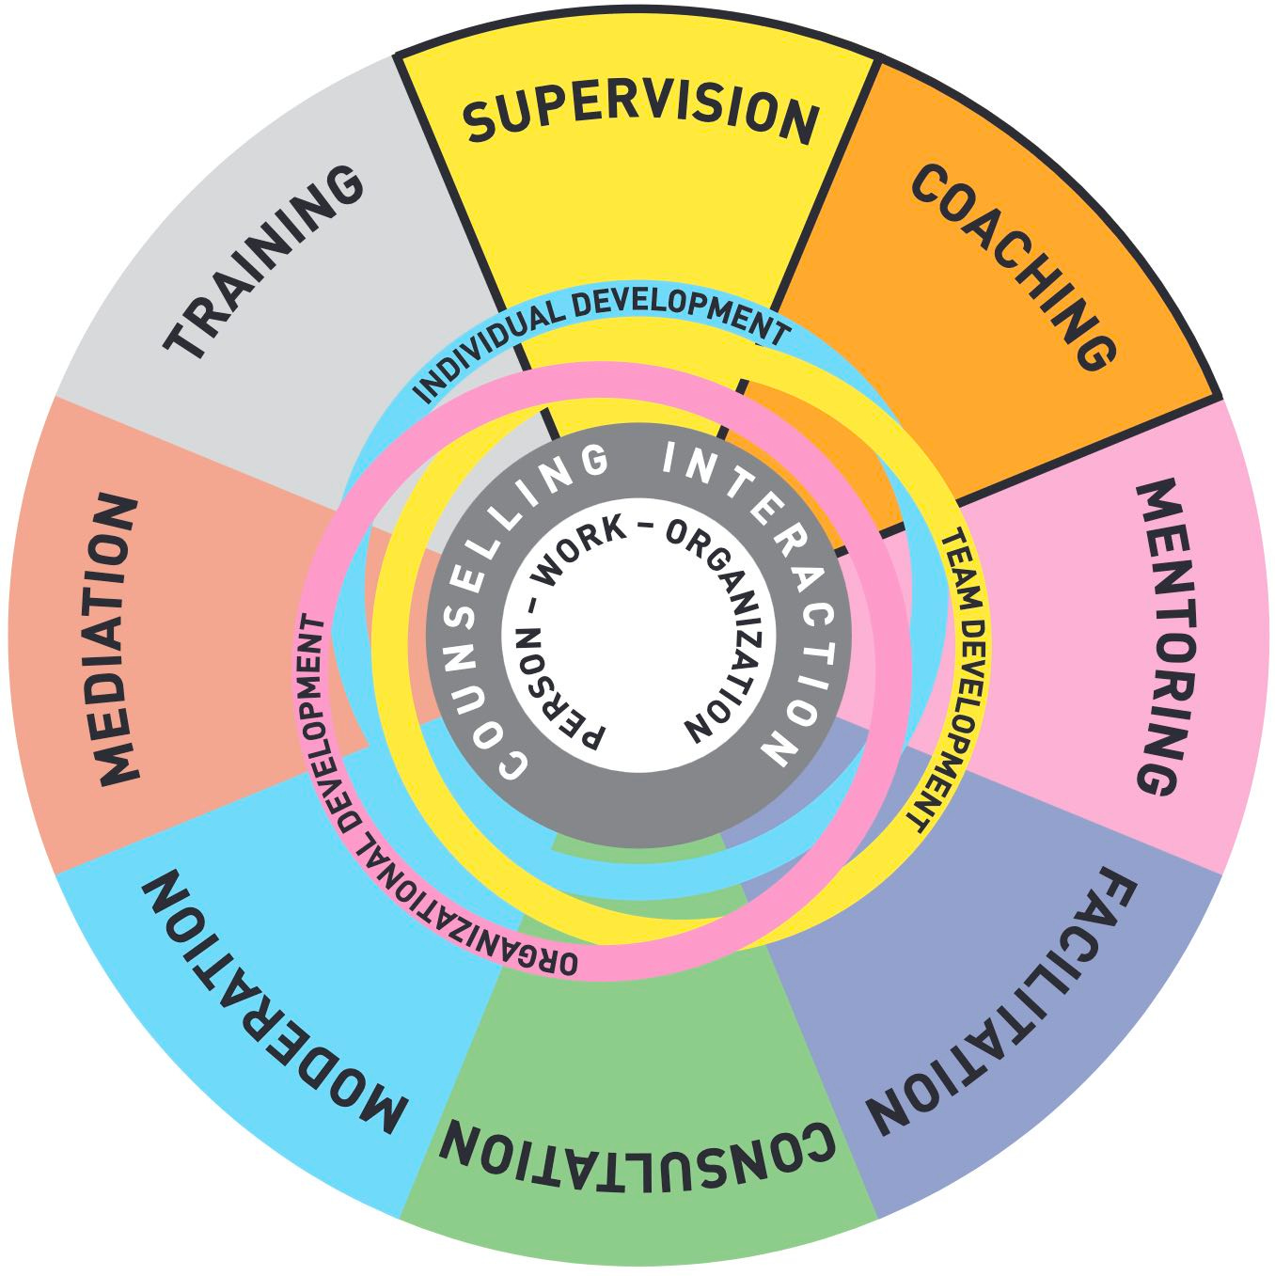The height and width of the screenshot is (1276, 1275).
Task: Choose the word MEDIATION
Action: coord(118,639)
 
